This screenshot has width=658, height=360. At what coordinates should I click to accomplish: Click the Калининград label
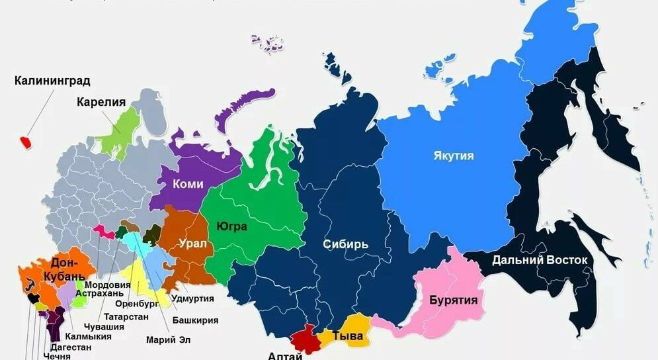click(52, 81)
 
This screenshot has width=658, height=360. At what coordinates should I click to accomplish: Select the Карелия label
click(101, 102)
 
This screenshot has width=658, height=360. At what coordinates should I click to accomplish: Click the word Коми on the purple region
click(187, 185)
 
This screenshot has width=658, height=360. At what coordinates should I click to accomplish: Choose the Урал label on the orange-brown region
click(192, 244)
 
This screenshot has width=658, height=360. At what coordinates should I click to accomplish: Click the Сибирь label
click(346, 244)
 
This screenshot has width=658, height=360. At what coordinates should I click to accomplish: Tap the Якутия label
click(454, 156)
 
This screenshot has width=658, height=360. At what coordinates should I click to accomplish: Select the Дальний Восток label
click(540, 260)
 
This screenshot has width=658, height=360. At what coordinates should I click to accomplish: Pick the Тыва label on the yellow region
click(347, 336)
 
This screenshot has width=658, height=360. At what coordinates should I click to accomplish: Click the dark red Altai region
click(306, 339)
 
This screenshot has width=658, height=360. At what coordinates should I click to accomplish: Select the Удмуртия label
click(192, 298)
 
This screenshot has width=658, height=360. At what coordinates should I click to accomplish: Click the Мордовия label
click(106, 285)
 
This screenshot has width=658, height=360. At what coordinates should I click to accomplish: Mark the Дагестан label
click(69, 347)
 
